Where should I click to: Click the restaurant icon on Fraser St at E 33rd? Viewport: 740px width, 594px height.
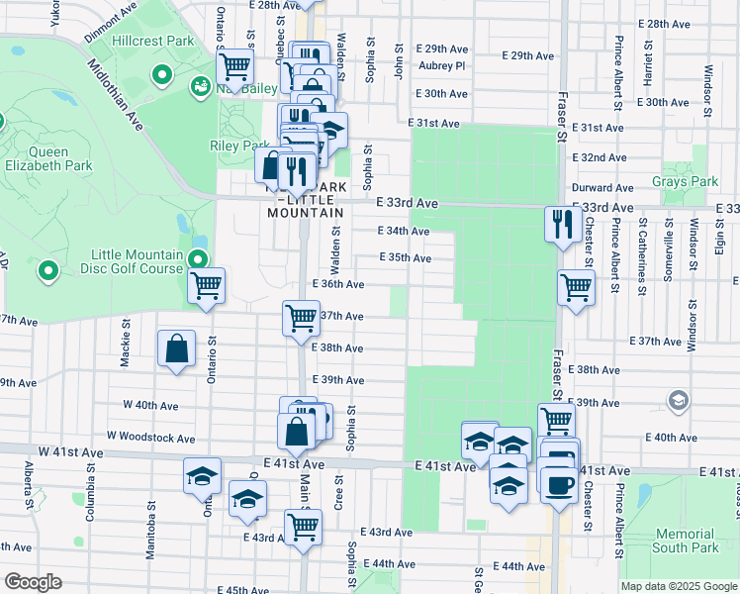[559, 223]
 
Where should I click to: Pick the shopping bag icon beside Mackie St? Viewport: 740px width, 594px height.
[176, 347]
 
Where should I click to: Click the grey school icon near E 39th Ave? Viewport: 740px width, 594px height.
[679, 400]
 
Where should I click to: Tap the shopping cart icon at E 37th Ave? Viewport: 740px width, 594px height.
[301, 319]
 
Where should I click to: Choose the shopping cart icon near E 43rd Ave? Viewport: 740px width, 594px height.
[303, 526]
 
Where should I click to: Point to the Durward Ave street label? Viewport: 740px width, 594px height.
[602, 187]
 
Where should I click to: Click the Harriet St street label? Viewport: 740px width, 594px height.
[649, 64]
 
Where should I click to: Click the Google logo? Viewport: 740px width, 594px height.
[33, 582]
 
